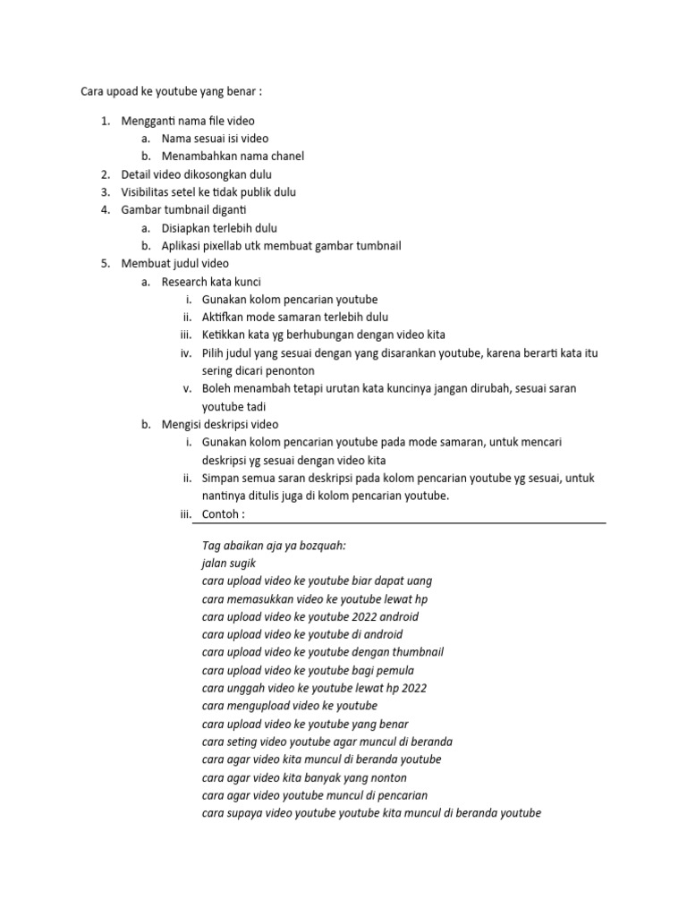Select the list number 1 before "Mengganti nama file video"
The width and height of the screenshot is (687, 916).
point(104,121)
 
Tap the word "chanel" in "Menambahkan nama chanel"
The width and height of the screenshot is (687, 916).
point(284,157)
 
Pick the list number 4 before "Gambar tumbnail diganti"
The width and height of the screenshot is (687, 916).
point(104,210)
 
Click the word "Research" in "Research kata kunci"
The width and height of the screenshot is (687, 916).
point(184,282)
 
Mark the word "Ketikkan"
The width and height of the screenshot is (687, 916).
point(225,335)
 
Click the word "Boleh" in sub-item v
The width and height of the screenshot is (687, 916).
point(217,389)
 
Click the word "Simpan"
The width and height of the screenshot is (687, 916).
point(222,479)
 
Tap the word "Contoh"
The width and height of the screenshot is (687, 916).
point(221,514)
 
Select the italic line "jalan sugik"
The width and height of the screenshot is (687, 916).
point(229,563)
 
